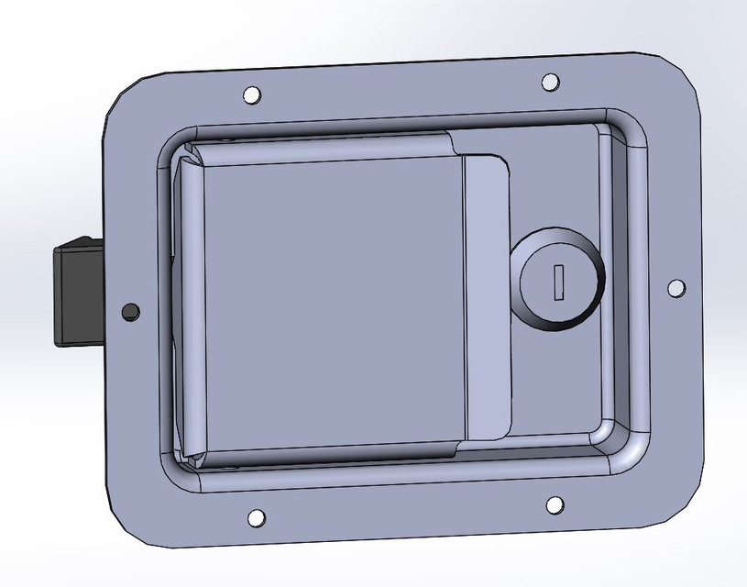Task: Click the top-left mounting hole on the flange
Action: point(251,94)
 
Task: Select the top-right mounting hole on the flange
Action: point(549,82)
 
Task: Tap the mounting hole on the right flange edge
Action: point(676,288)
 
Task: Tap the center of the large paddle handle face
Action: point(330,303)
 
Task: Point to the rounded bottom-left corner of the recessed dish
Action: point(183,472)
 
